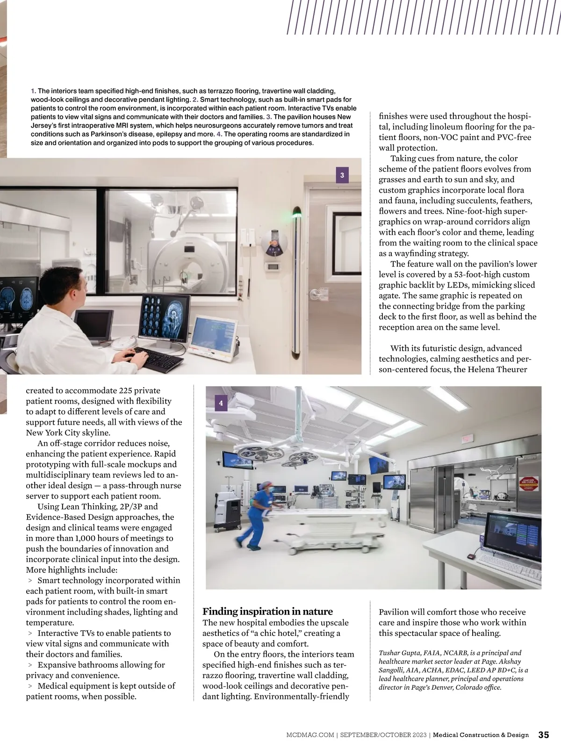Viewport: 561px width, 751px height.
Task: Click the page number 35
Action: coord(544,735)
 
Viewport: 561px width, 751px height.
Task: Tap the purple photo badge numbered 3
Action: coord(342,175)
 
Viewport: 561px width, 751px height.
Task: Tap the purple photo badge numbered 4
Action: coord(221,403)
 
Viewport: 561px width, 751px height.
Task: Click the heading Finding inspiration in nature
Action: coord(267,611)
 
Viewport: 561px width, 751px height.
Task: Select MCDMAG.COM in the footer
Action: coord(310,735)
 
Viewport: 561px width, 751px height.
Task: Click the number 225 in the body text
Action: coord(126,390)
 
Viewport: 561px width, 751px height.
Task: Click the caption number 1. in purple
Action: coord(33,91)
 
